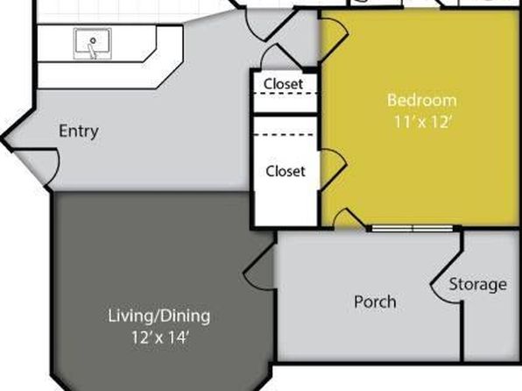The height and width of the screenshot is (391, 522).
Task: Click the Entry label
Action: point(79,131)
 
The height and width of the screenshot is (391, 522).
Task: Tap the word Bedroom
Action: point(422,100)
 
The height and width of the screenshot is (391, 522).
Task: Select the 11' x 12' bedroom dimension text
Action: point(422,122)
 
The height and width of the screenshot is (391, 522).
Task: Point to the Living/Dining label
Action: point(159,316)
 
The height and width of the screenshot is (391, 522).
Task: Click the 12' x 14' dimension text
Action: point(160,338)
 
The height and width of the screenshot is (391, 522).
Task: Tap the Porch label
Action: point(375,302)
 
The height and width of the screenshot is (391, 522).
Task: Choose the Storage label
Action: point(478,284)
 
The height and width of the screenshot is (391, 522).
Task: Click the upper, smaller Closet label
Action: point(283,83)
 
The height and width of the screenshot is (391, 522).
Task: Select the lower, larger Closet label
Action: point(286,171)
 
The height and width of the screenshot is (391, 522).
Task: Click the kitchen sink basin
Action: point(93,43)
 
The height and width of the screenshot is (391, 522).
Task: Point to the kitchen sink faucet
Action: point(92,49)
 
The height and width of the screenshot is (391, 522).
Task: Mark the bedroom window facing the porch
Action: point(413,228)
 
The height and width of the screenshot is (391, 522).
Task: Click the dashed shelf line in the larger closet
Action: point(284,135)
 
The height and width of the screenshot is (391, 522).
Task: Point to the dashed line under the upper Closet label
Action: point(286,93)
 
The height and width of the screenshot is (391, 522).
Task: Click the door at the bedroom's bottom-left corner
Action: point(349,219)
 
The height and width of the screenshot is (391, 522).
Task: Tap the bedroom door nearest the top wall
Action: point(334,38)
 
